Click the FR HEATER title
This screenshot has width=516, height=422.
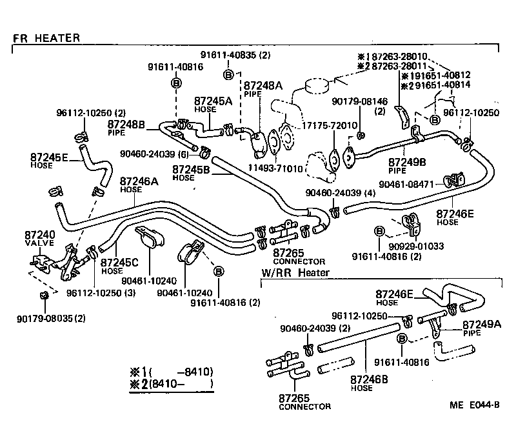46,38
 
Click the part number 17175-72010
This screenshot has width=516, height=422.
330,125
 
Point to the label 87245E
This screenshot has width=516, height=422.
48,156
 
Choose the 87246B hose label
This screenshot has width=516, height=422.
370,379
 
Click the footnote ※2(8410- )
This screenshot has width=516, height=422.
172,386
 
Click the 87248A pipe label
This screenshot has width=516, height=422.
263,85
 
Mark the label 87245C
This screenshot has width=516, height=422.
120,263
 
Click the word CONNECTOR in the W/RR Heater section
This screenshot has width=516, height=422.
304,407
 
